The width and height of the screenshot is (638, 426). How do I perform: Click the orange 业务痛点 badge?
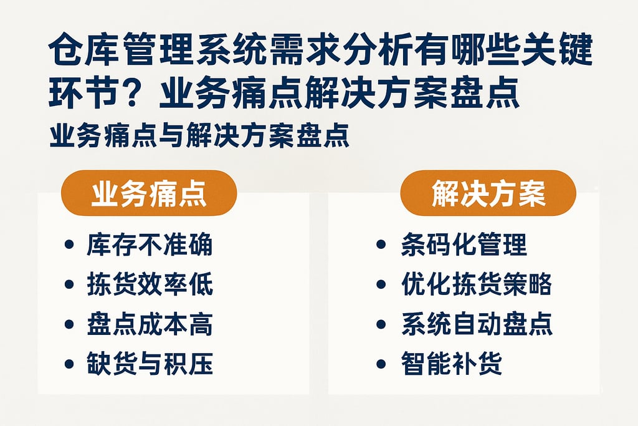148,193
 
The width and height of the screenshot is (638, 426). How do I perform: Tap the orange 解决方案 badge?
488,193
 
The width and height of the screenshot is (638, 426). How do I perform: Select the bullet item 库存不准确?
150,245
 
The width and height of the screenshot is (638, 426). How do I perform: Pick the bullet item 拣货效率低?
150,284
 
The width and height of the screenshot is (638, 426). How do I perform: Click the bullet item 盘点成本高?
150,324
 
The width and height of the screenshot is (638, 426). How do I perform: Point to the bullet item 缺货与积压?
150,364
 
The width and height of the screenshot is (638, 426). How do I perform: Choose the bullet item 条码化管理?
464,245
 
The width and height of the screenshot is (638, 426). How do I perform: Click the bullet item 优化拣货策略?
477,284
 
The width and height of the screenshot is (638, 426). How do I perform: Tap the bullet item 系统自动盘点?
477,324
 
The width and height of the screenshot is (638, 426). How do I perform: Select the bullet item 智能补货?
452,364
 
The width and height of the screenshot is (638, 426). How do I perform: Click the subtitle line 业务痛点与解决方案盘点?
199,135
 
